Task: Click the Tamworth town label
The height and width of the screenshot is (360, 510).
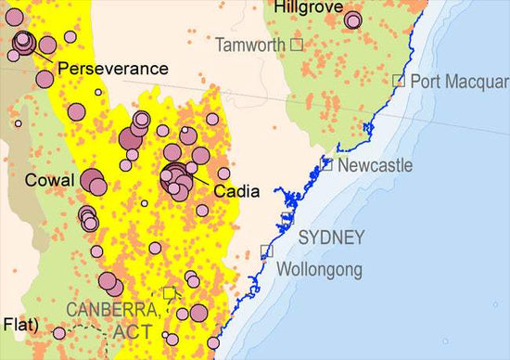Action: [249, 45]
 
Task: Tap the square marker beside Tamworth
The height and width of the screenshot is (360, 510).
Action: [297, 44]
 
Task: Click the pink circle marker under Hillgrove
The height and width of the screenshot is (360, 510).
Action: [352, 19]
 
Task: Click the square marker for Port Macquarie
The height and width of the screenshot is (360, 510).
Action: [399, 81]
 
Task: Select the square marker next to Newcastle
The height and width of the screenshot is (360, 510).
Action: [326, 164]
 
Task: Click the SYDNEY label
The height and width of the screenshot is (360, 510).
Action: [331, 238]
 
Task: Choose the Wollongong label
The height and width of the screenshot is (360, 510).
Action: [320, 270]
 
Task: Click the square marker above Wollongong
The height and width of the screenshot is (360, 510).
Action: [267, 250]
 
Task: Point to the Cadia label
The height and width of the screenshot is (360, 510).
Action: [236, 192]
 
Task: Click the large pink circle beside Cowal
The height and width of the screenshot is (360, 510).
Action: [93, 181]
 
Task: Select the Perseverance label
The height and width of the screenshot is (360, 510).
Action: [112, 69]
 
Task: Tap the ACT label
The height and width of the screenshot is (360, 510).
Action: [134, 330]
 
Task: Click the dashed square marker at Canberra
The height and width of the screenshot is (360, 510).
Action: [169, 293]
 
